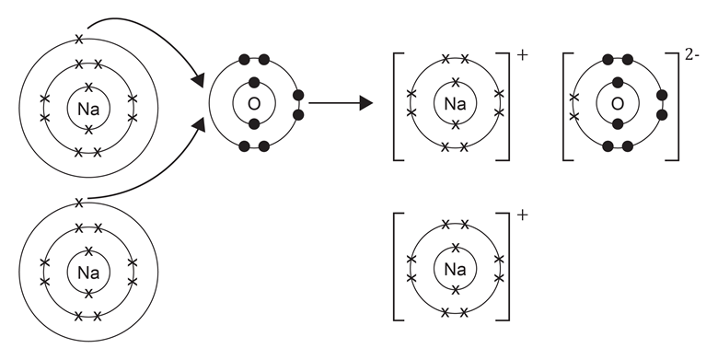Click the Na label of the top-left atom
[89, 110]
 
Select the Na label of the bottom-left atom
[89, 273]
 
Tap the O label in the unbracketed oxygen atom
[254, 103]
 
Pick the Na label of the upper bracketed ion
[455, 103]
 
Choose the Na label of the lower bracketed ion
[455, 270]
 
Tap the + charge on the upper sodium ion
[523, 54]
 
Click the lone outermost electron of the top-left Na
[79, 39]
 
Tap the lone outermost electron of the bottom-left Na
[79, 202]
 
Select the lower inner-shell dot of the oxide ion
[618, 124]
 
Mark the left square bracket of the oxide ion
[564, 103]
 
